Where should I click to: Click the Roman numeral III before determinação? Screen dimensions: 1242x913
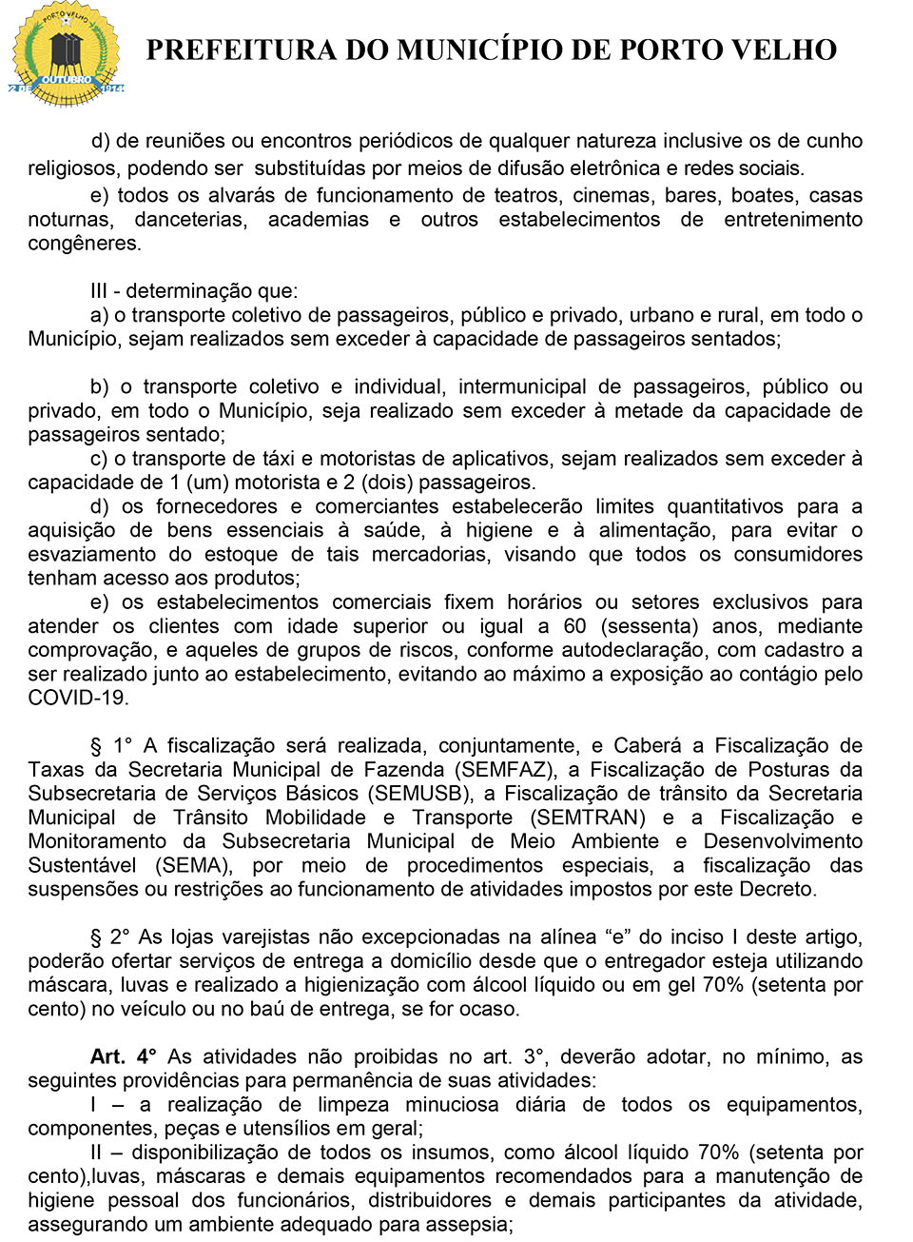point(99,291)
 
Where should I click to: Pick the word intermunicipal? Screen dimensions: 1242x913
point(522,386)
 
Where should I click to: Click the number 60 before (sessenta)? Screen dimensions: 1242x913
point(574,626)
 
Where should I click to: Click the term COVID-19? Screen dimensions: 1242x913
point(77,698)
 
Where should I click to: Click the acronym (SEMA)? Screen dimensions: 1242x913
point(194,865)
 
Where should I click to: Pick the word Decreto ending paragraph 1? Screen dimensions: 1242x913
point(780,889)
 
